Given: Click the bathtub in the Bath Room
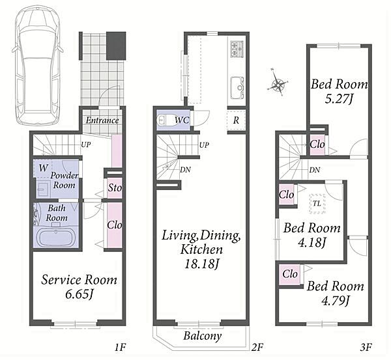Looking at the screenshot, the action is coord(57,238).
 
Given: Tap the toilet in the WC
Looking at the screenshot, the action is coord(165,120).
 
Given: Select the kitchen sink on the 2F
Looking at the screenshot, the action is coord(237,88).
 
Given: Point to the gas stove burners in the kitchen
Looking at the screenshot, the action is coord(237,48).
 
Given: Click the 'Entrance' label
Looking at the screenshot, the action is coord(102,120).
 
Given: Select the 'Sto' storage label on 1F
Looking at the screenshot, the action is coord(115,187).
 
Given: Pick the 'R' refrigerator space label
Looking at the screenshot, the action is coord(236,120).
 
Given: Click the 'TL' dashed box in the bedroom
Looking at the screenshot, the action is coord(317,204).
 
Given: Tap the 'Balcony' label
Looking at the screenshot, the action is coord(203,336).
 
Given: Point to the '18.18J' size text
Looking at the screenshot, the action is coord(201,264).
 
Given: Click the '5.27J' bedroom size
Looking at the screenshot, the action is coord(339,99).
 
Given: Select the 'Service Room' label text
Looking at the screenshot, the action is coord(79,279).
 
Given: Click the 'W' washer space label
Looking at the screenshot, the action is coord(43,168).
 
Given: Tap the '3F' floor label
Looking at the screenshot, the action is coord(366,347).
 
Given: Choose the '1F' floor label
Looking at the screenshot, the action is coord(120,347).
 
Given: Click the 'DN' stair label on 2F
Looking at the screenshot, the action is coord(185,170).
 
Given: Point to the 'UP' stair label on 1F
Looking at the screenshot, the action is coord(86,145).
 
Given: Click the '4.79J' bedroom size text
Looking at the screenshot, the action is coord(336,301).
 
